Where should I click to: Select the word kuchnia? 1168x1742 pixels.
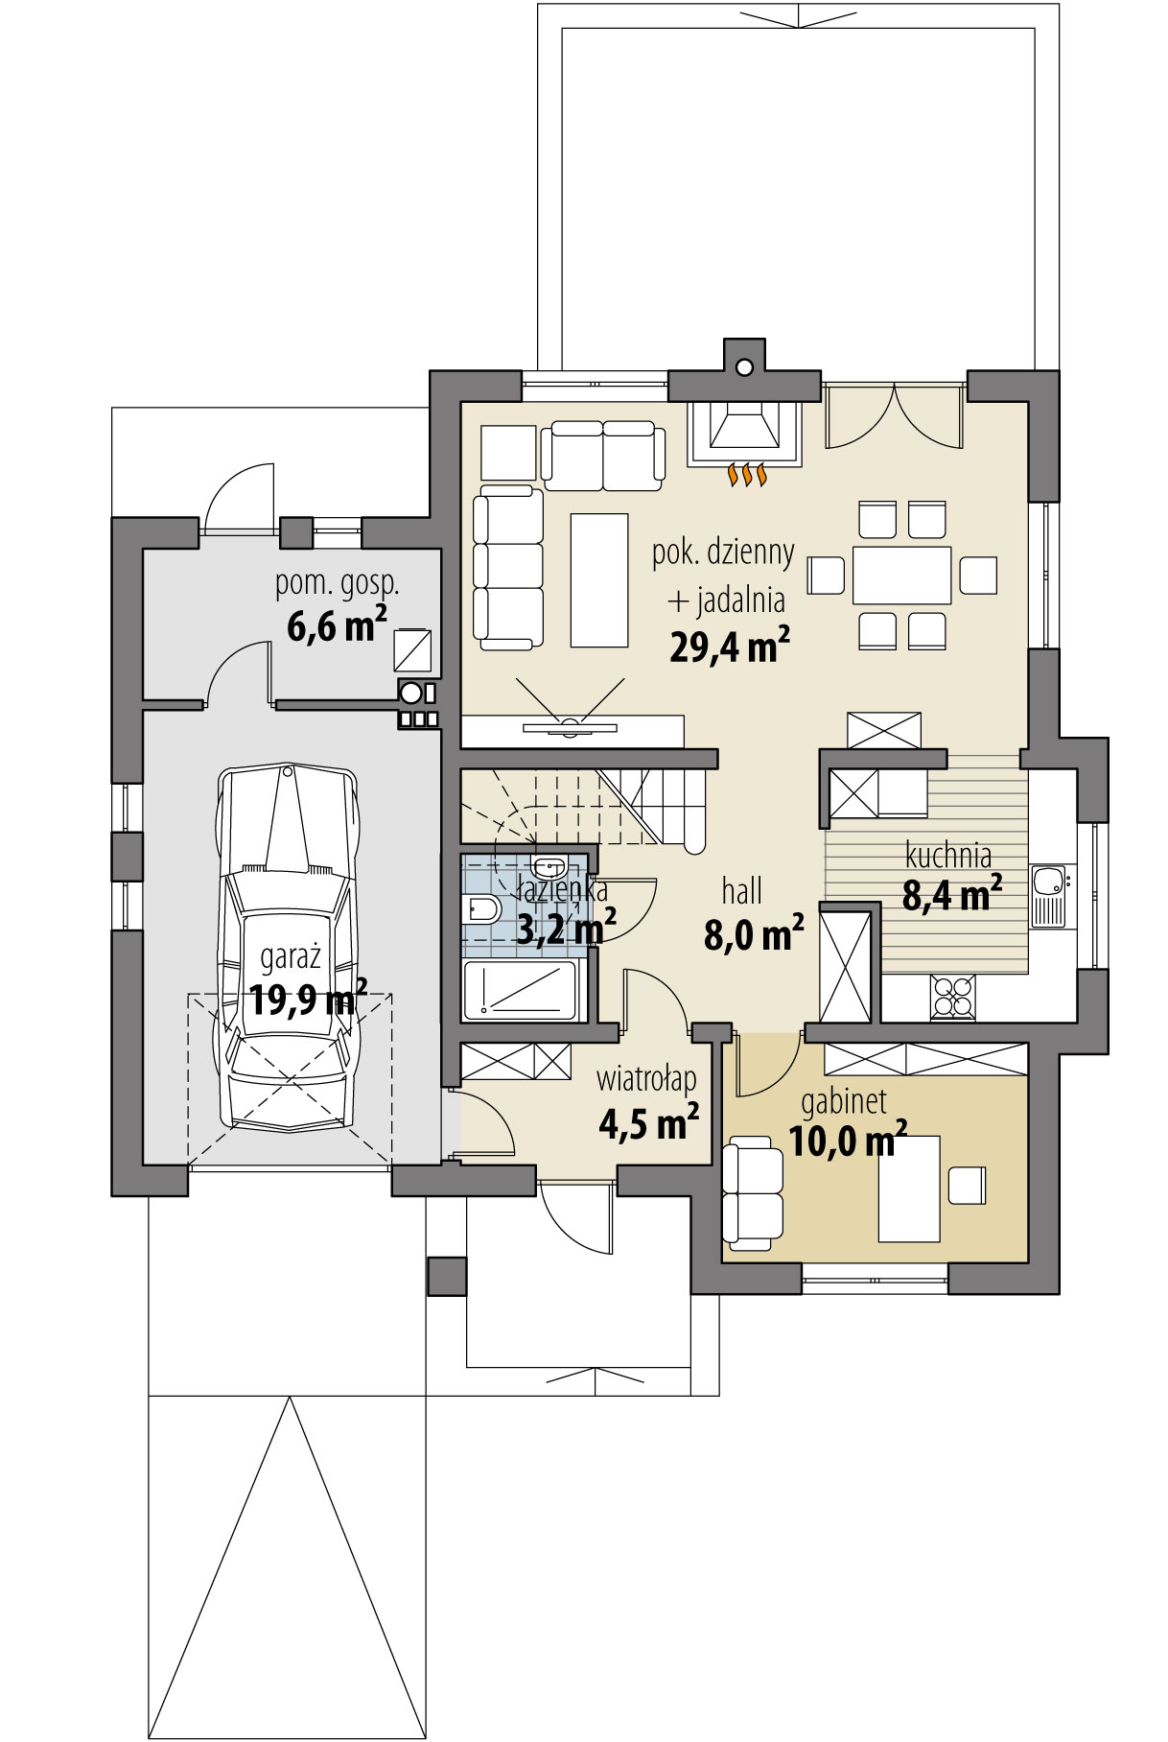(x=947, y=856)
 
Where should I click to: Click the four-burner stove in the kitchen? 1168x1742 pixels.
(x=952, y=995)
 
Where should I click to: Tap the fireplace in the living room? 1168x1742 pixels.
(x=744, y=434)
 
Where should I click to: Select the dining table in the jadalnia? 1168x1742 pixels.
(x=902, y=575)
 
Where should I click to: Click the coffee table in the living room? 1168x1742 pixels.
(x=598, y=579)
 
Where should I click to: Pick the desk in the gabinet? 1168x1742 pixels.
(x=909, y=1188)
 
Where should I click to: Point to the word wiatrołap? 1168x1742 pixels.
(x=646, y=1078)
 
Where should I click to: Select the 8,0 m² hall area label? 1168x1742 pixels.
(x=754, y=935)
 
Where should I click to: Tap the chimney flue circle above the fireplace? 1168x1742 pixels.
(x=744, y=366)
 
